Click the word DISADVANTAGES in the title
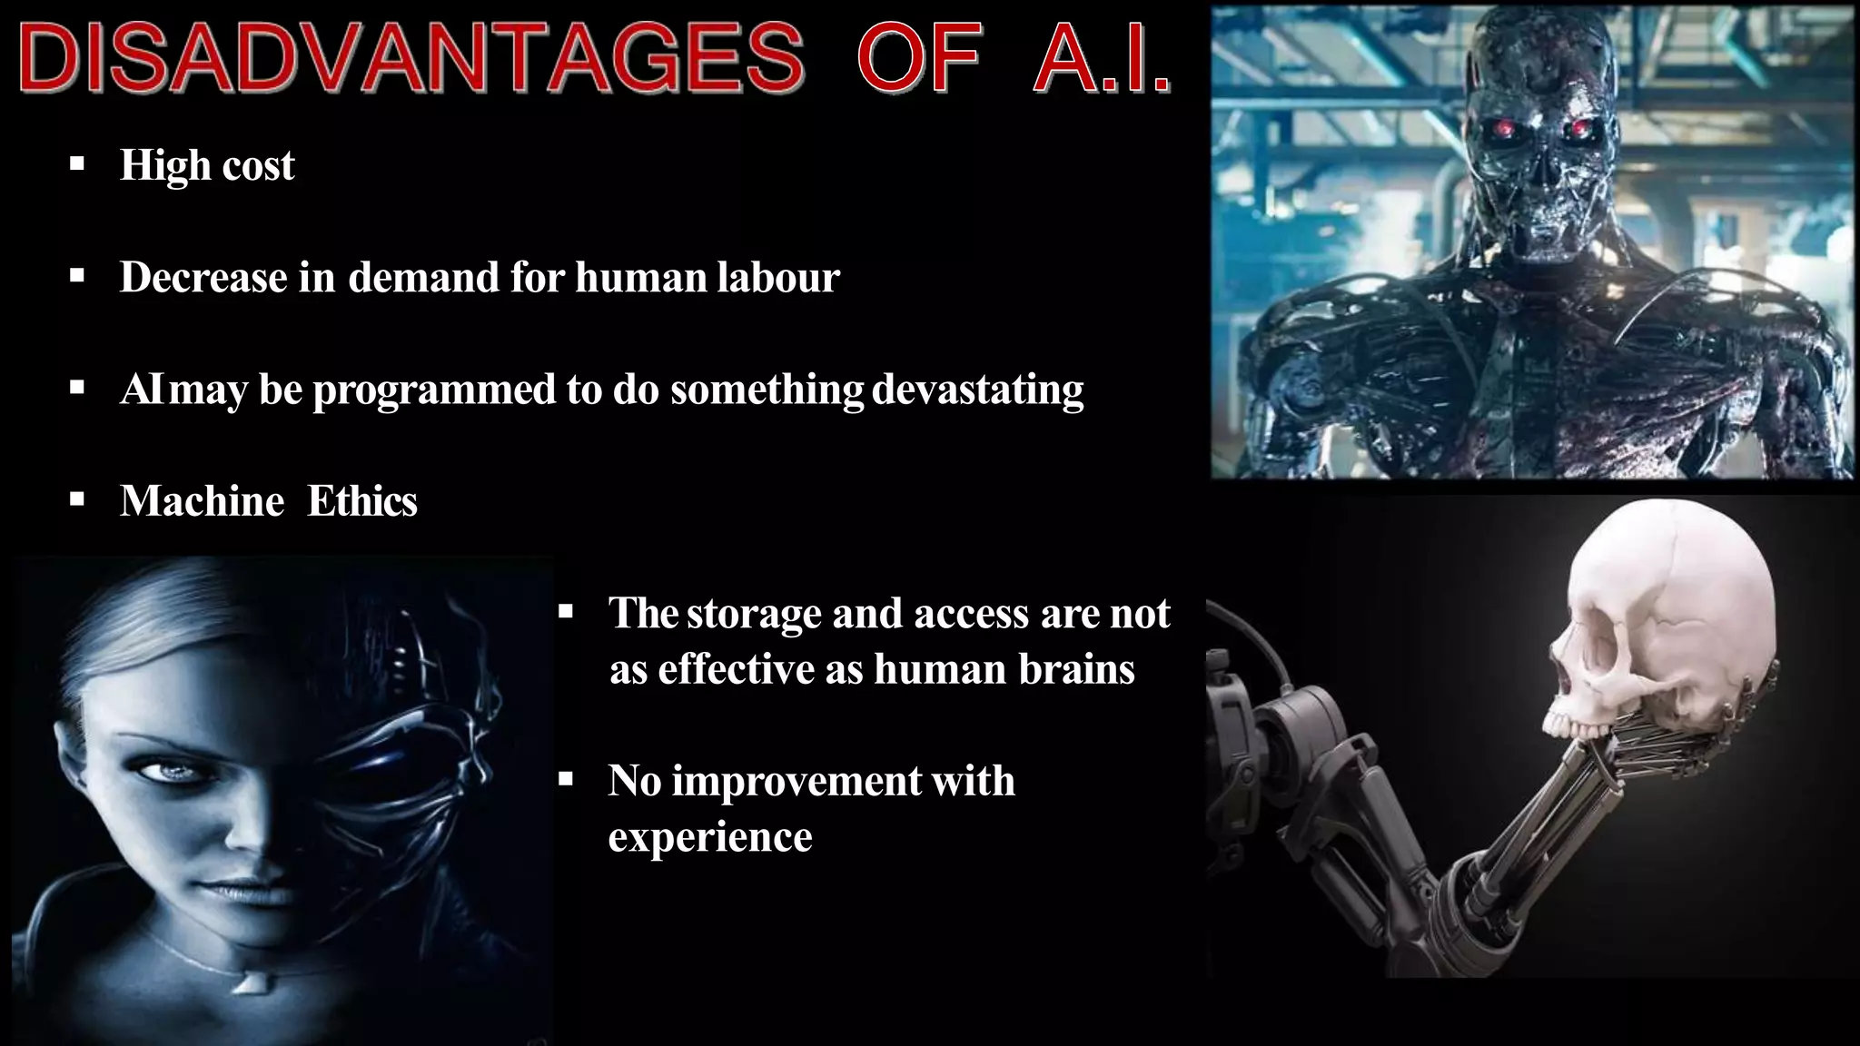click(411, 59)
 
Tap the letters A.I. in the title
click(1101, 59)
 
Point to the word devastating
click(977, 390)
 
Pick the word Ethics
click(361, 501)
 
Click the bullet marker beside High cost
click(77, 165)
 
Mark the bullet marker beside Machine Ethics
click(77, 499)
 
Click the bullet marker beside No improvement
click(566, 779)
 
